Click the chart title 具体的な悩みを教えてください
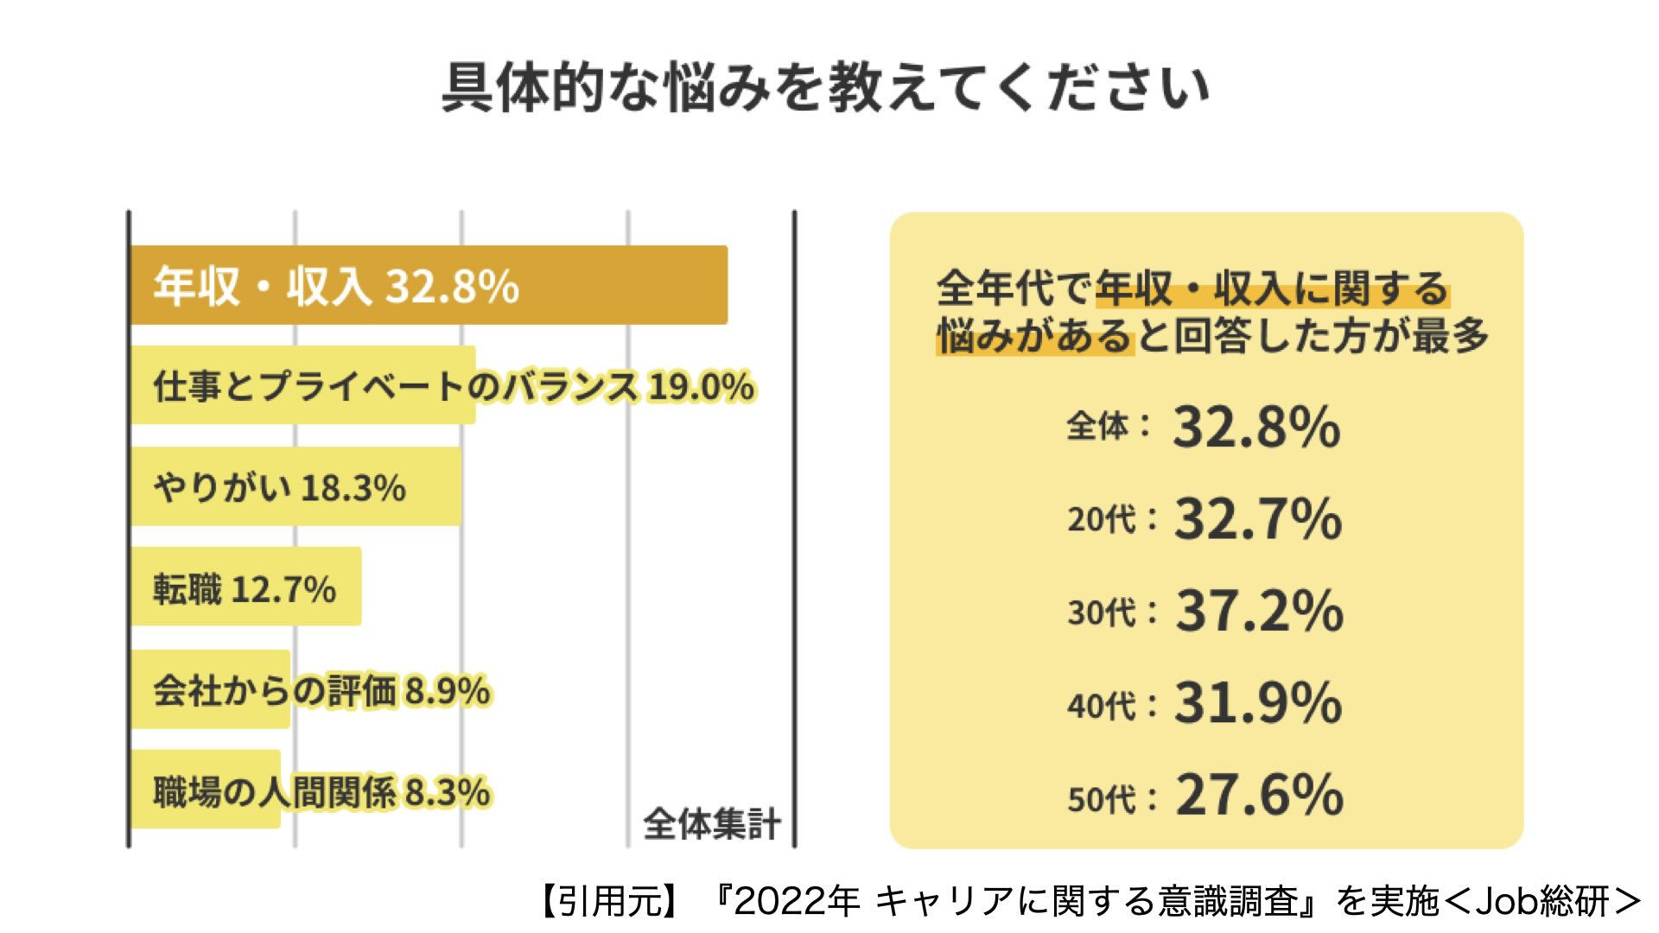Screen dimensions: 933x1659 825,87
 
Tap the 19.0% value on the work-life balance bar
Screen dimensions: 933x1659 701,386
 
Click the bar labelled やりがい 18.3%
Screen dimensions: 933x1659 296,486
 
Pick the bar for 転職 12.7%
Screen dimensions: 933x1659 245,587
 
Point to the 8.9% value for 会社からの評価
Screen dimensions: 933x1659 448,691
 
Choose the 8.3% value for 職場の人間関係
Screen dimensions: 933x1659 448,791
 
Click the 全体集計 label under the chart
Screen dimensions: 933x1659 712,823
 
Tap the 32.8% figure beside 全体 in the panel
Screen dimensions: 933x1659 1256,427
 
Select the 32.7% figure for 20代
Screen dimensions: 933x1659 1257,518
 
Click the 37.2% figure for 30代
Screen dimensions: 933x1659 1259,611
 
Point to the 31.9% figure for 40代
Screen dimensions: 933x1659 1257,702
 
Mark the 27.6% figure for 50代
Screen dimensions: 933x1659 1259,795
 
